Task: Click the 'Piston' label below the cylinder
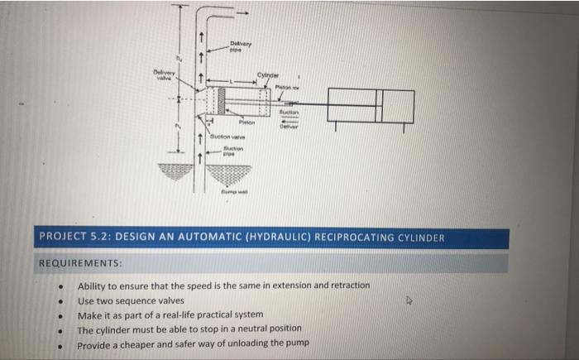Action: tap(246, 120)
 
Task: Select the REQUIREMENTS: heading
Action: tap(80, 263)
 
